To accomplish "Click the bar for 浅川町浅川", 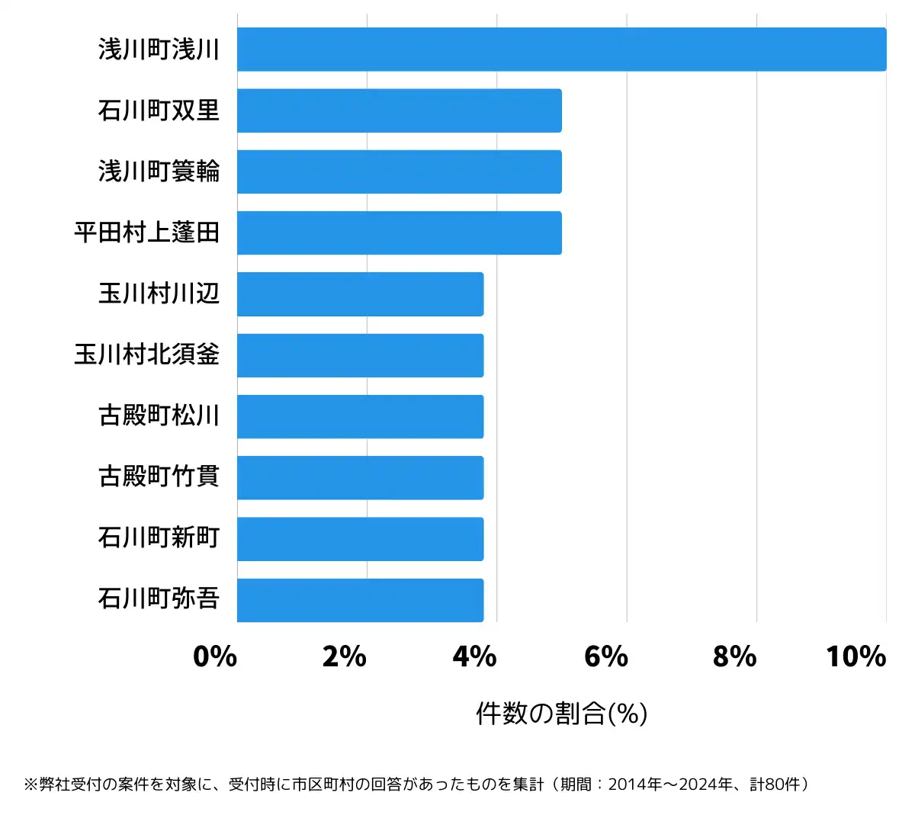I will [561, 50].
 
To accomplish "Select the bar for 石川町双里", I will [399, 111].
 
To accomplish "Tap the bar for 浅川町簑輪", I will [399, 172].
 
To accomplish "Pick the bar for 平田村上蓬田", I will [399, 233].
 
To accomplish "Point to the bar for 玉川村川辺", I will [360, 294].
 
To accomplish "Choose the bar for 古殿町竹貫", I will [360, 478].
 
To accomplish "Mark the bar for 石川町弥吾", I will [360, 600].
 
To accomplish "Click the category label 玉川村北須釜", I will [147, 355].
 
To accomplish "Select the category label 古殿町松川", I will [159, 416].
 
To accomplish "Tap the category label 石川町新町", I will [159, 537].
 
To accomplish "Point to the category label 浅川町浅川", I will [159, 50].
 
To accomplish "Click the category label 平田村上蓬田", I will [147, 233].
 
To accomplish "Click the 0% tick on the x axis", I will [215, 656].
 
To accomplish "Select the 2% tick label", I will [345, 656].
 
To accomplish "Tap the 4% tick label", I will [474, 656].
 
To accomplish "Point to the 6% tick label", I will [605, 656].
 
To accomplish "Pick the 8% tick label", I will [735, 656].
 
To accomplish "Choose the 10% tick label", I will [856, 656].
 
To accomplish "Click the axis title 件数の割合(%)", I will [562, 714].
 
